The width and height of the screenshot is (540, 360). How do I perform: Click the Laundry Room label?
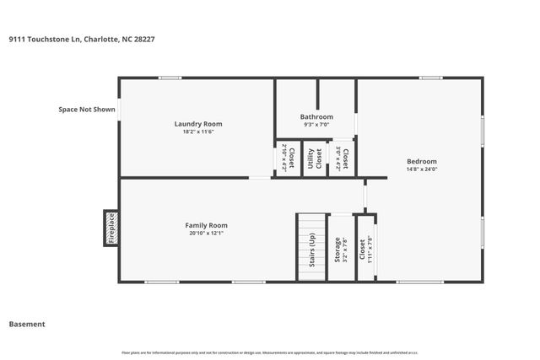pos(198,124)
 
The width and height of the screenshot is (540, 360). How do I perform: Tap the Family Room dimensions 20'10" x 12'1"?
pos(207,234)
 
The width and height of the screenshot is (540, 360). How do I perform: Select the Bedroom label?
pos(422,161)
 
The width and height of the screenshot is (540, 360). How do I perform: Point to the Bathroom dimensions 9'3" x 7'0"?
pos(316,125)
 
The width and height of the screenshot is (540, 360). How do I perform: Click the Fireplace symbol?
pos(110,228)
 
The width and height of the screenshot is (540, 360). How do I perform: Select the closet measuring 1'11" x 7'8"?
pos(364,250)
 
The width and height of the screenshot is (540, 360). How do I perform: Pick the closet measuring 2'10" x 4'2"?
pos(287,158)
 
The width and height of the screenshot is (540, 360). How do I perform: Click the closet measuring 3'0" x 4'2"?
pos(342,159)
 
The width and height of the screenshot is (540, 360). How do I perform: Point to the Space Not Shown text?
pos(86,109)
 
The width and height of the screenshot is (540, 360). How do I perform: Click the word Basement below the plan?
pos(27,324)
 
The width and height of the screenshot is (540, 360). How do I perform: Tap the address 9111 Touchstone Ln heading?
pos(81,38)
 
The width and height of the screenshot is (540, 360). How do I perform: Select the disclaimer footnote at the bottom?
pos(270,352)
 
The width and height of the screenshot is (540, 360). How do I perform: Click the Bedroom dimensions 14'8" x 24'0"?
pos(422,169)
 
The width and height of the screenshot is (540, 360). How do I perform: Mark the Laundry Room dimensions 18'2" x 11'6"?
pos(198,132)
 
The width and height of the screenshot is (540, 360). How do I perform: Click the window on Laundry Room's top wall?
pos(170,78)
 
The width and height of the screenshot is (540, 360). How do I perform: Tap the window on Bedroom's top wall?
pos(430,78)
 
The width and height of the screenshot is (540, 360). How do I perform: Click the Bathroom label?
pos(316,116)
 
